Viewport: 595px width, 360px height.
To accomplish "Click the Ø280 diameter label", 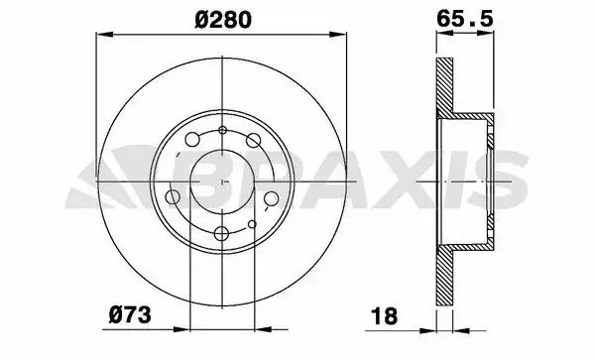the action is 223,20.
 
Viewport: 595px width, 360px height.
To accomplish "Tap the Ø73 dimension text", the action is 130,314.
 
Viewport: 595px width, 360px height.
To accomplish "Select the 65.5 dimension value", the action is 465,19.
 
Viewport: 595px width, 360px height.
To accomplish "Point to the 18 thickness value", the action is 385,316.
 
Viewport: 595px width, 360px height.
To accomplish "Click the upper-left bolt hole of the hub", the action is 192,139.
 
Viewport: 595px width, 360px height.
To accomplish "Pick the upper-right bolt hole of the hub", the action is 253,140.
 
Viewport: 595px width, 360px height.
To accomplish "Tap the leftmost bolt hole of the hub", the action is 173,197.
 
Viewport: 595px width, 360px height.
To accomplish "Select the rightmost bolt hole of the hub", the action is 272,198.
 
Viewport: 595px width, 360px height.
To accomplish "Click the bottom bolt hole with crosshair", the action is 221,233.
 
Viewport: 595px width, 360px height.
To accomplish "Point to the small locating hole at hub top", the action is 223,130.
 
